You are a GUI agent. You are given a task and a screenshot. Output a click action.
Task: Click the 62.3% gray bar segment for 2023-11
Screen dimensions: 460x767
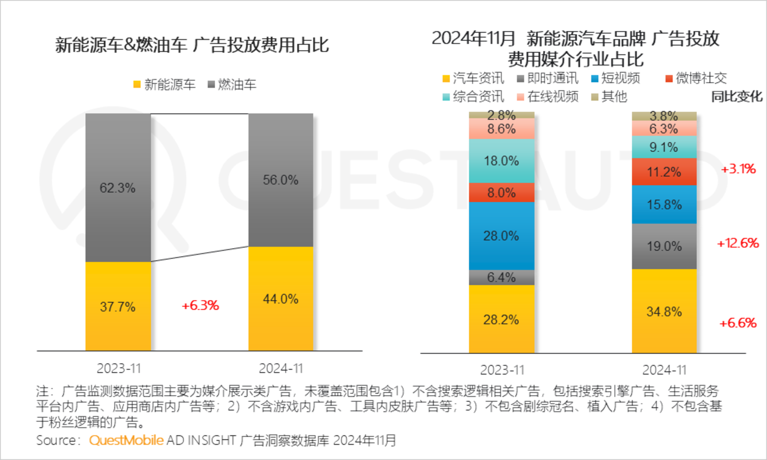(x=118, y=187)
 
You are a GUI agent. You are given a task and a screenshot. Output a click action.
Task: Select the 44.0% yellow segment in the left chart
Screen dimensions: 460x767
(x=281, y=299)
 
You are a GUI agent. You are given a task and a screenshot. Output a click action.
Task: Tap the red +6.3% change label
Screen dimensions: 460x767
(x=200, y=306)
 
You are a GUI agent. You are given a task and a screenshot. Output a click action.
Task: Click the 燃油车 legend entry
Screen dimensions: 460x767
(x=232, y=85)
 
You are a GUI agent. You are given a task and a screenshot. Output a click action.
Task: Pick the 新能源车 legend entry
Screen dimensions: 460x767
(x=165, y=85)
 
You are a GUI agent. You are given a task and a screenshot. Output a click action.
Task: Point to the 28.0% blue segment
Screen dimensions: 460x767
(x=501, y=236)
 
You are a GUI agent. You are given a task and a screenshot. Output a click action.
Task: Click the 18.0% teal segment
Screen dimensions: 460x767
(x=501, y=161)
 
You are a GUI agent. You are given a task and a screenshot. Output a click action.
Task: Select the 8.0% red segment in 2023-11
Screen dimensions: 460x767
(x=501, y=193)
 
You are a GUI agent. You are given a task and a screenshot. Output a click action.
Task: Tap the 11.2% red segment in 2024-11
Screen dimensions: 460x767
(x=664, y=172)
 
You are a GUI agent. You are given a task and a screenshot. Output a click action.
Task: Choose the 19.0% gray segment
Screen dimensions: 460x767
(x=664, y=246)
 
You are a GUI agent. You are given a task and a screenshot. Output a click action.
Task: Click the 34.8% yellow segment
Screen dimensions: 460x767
(x=664, y=311)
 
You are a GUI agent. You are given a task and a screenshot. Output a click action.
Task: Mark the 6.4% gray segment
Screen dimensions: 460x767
(x=501, y=277)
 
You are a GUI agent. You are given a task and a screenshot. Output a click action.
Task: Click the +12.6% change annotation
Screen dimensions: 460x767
(x=738, y=243)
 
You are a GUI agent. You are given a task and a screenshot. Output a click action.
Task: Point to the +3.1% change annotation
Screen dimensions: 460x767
(x=738, y=169)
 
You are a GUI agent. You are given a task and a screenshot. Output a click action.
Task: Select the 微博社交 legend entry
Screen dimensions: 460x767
(x=696, y=78)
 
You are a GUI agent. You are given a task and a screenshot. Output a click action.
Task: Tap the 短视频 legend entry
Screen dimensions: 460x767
(x=616, y=78)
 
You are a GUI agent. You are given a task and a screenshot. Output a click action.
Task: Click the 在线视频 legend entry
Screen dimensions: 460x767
(x=548, y=96)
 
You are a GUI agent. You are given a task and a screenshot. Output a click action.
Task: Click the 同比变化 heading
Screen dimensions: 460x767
(x=737, y=96)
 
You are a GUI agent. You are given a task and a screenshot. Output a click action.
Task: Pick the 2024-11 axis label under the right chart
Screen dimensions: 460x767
(x=664, y=370)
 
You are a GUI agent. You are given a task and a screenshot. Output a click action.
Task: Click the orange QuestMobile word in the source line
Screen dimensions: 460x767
(x=126, y=440)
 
